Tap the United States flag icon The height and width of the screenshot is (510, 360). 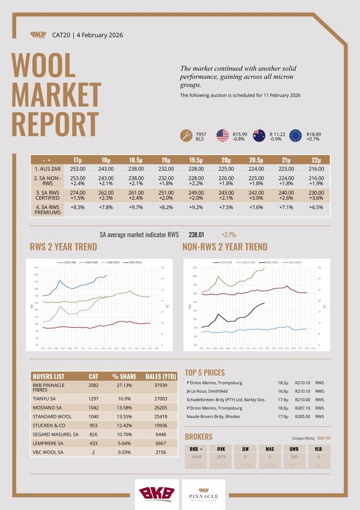(222, 135)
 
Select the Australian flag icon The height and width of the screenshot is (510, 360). (259, 135)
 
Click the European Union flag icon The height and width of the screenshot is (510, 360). (296, 135)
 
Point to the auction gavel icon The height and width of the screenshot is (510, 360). (186, 135)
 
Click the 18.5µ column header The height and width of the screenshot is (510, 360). (136, 160)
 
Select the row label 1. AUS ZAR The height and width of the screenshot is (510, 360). (47, 169)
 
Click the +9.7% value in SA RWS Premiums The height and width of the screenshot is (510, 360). (136, 208)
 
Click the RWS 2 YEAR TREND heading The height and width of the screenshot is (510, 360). (63, 247)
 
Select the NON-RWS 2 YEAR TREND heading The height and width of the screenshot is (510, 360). (225, 247)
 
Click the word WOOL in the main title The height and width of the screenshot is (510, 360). (43, 65)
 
